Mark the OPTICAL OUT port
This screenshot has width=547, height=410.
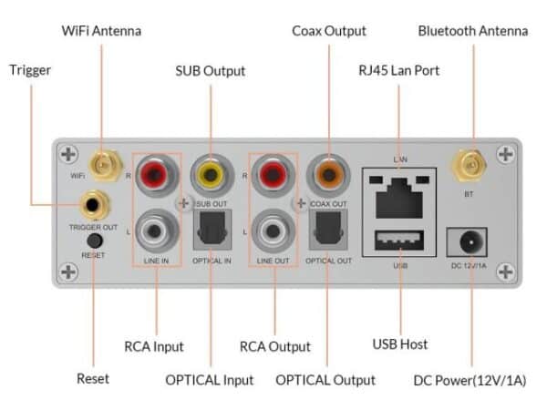(x=326, y=231)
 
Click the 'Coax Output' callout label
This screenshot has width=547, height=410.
(x=329, y=31)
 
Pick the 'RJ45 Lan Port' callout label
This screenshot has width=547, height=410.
(x=399, y=70)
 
